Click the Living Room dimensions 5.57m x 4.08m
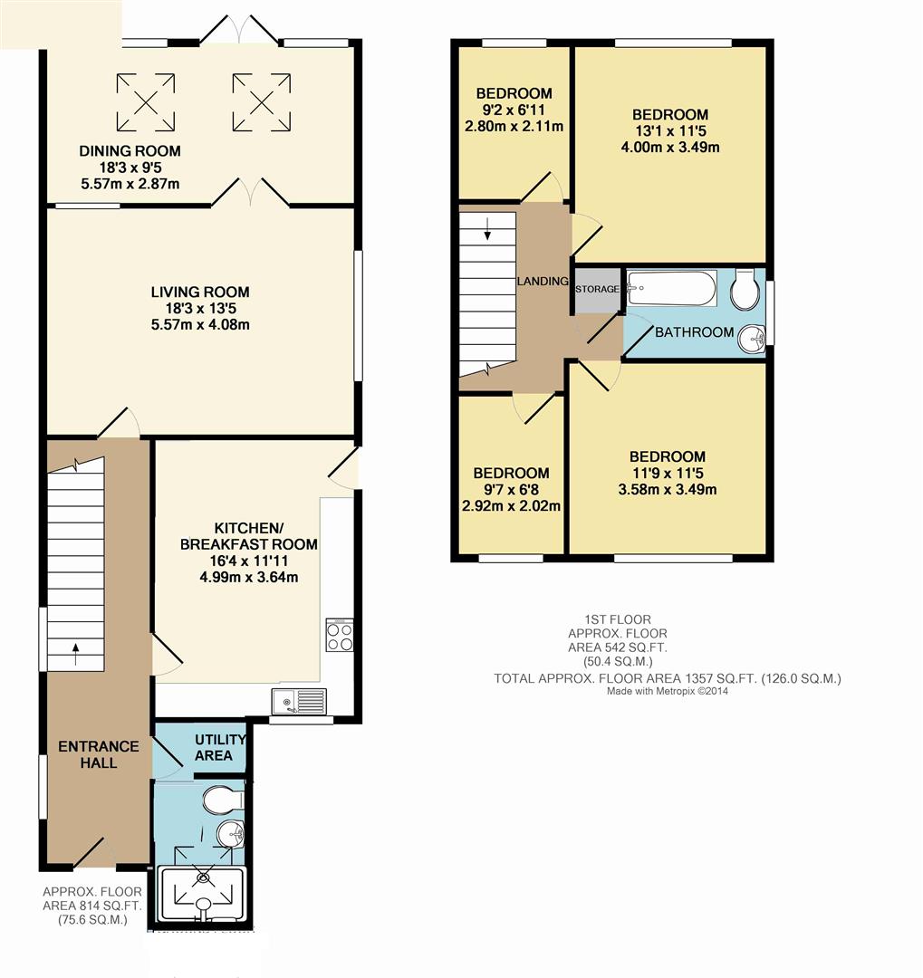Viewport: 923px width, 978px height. coord(199,324)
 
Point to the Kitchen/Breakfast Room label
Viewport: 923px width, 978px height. coord(249,536)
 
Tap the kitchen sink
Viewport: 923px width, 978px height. coord(299,700)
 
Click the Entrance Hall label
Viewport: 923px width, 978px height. coord(99,754)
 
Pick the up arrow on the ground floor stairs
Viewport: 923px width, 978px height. coord(75,647)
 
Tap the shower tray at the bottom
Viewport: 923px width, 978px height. coord(202,896)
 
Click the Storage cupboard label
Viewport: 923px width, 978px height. coord(597,290)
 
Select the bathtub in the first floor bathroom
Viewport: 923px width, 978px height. coord(671,289)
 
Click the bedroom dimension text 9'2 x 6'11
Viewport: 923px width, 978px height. coord(514,110)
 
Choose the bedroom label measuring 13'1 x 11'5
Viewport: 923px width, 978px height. coord(670,115)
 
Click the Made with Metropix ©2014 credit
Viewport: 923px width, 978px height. coord(668,691)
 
